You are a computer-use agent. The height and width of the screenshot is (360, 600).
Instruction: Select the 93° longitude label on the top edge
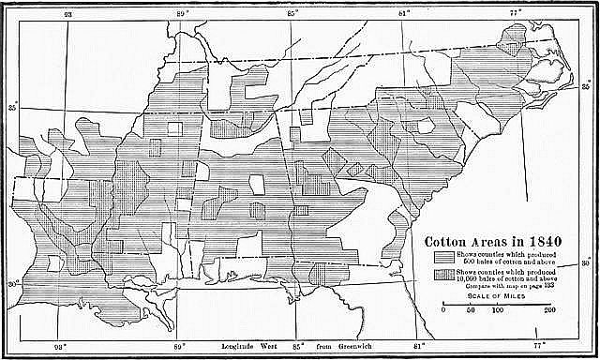point(67,14)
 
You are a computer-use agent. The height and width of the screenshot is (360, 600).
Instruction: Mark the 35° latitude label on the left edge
point(13,107)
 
